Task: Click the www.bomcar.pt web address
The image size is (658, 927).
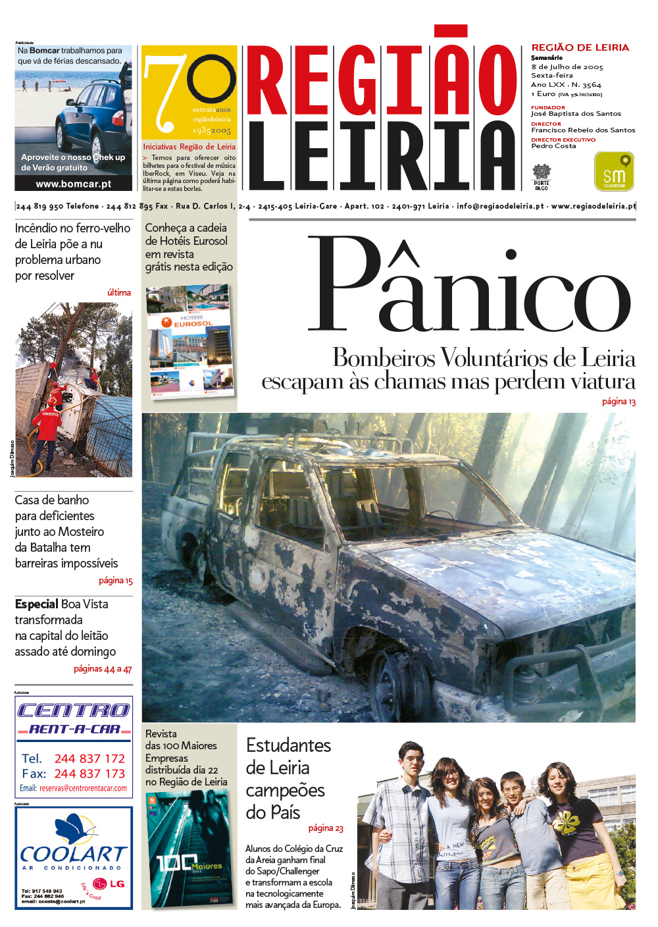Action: tap(73, 184)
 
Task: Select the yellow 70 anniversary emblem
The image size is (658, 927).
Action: tap(189, 92)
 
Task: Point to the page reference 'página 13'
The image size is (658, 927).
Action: tap(619, 401)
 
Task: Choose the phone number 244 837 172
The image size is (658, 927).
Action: tap(89, 758)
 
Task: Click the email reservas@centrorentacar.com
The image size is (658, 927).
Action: tap(83, 788)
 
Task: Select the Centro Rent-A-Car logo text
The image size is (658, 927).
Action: tap(73, 718)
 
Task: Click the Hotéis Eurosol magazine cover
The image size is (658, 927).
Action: tap(190, 342)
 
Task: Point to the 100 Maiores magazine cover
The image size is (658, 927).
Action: tap(189, 850)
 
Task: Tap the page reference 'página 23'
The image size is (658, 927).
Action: tap(326, 828)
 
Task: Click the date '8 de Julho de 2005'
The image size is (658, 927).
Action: tap(567, 66)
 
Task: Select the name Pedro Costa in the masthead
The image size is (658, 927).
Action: tap(553, 146)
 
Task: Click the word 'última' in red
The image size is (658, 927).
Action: tap(119, 292)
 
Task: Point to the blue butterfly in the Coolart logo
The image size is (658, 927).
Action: tap(74, 830)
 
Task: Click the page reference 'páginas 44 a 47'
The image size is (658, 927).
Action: tap(103, 669)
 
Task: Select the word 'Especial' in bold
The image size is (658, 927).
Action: tap(37, 604)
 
